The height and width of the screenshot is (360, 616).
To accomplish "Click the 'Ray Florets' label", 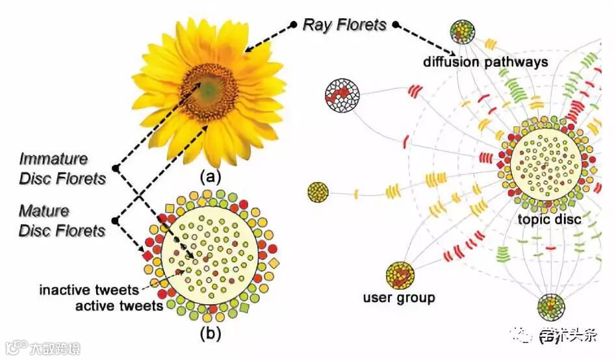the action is [344, 25].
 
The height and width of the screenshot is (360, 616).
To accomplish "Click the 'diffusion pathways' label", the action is [486, 62].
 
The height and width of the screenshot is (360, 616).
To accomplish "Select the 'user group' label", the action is [399, 298].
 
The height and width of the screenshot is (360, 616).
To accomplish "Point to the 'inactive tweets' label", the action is [89, 289].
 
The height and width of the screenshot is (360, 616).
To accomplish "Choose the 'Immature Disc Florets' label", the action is [62, 168].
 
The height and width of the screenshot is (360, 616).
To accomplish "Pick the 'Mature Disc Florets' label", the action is [62, 221].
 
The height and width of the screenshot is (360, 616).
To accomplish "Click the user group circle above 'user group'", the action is [399, 276].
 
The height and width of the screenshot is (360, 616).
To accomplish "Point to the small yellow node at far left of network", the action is [318, 192].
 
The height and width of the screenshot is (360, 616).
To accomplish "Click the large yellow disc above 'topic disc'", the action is [545, 162].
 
